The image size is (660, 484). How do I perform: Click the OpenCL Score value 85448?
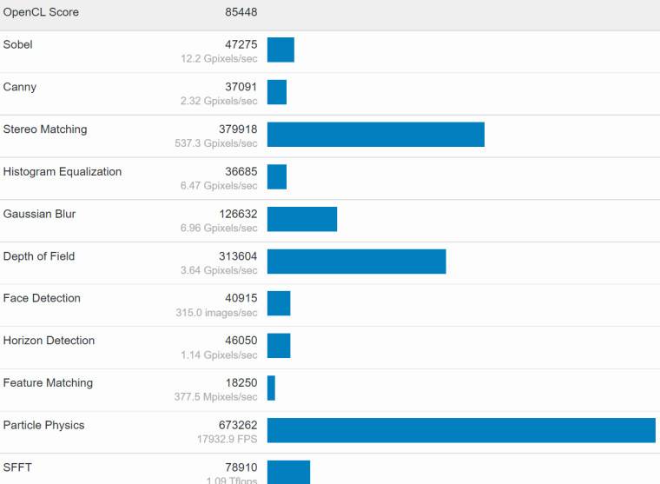click(241, 12)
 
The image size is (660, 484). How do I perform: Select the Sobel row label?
click(18, 44)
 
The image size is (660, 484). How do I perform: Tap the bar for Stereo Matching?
click(375, 134)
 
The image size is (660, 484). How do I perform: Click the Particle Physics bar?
click(461, 430)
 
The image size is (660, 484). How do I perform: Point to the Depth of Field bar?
click(356, 262)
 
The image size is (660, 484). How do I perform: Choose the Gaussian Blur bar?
click(301, 219)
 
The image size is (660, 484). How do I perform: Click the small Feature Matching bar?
click(271, 388)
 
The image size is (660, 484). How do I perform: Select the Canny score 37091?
click(239, 87)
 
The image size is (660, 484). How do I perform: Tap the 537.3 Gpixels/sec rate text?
click(219, 143)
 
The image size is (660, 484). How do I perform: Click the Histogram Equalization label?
click(63, 171)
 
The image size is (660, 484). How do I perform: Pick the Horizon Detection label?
click(49, 341)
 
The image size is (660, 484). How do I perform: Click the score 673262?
click(235, 425)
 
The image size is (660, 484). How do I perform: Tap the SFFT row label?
click(17, 467)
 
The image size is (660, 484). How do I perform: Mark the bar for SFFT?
click(288, 472)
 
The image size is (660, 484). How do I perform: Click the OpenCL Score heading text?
click(41, 12)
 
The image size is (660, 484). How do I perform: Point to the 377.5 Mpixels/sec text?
click(217, 397)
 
